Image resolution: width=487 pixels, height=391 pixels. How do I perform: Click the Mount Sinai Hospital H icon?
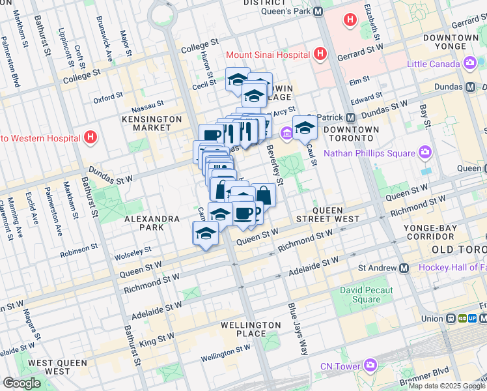pos(320,53)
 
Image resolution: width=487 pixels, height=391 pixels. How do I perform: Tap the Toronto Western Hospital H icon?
pos(90,138)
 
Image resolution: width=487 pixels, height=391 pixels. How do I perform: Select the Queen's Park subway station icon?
pos(318,11)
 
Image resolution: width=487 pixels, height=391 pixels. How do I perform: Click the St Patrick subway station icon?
pos(351,118)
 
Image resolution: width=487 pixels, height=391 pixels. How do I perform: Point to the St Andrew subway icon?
pos(404,268)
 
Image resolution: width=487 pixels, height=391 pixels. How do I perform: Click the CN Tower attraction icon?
pos(370,366)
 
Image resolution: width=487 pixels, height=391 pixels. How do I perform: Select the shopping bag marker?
pos(264,195)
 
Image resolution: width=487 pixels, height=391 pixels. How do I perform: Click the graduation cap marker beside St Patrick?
pos(304,127)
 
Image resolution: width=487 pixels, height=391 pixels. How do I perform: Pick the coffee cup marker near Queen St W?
pos(244,214)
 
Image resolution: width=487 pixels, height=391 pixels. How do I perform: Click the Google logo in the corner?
pos(21,383)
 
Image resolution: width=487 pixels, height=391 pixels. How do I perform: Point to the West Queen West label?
pos(49,366)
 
